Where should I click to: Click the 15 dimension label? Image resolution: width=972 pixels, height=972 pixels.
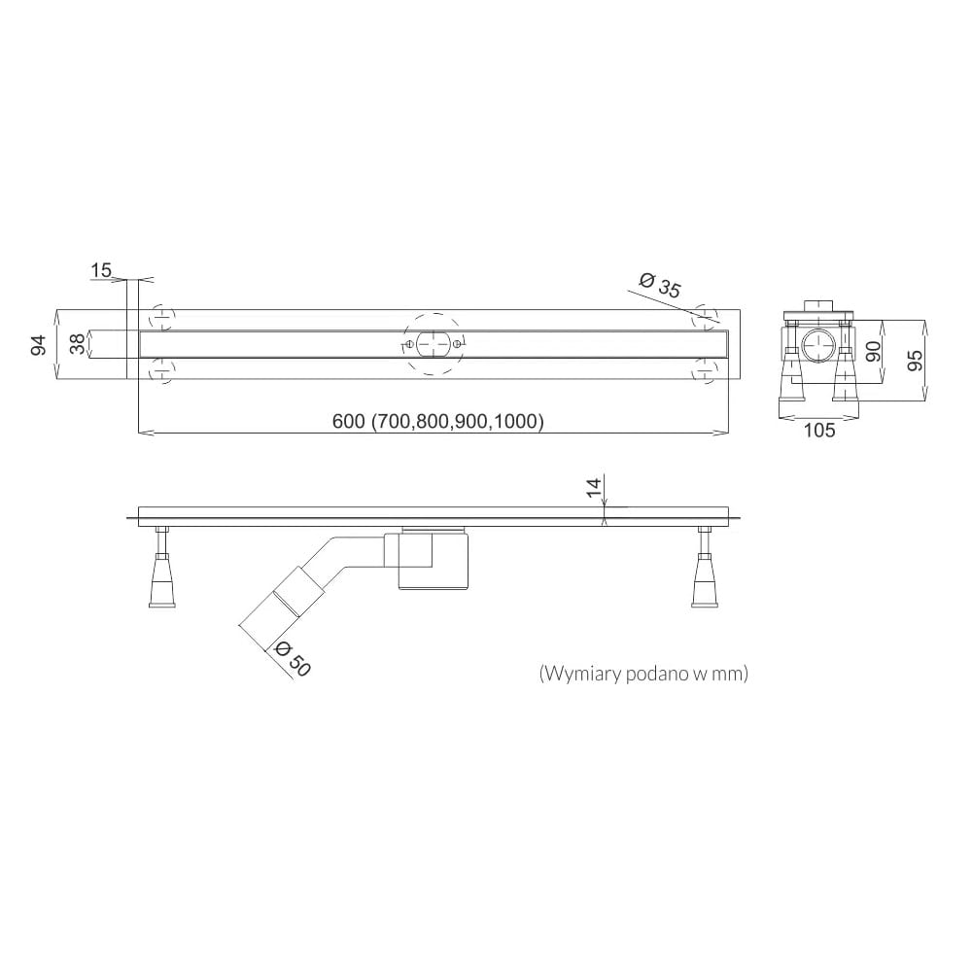pyautogui.click(x=101, y=271)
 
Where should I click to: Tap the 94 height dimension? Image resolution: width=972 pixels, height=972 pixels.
pyautogui.click(x=39, y=345)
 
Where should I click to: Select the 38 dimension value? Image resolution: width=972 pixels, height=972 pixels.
pyautogui.click(x=77, y=344)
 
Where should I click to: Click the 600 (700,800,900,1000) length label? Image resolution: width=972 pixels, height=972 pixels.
pyautogui.click(x=438, y=422)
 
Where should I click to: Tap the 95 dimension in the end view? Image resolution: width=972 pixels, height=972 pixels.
pyautogui.click(x=915, y=361)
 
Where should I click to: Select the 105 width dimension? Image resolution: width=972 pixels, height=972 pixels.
pyautogui.click(x=818, y=431)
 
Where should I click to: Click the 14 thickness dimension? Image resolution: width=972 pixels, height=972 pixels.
pyautogui.click(x=593, y=487)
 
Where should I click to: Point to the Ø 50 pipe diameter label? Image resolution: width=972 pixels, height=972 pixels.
pyautogui.click(x=292, y=658)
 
